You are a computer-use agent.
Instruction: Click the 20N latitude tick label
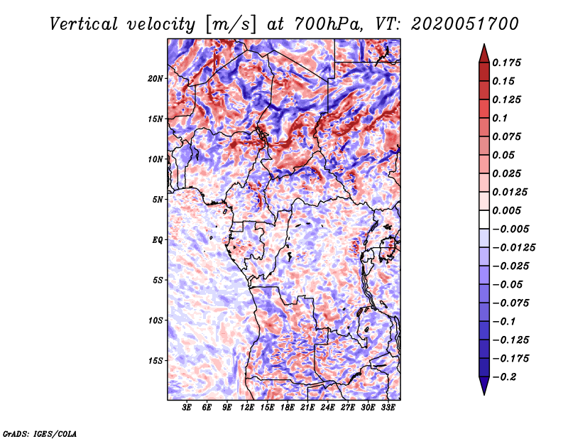[155, 79]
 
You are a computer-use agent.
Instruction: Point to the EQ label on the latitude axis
[157, 240]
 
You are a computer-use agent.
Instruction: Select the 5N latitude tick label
[158, 200]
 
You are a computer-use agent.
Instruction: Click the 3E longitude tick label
[187, 408]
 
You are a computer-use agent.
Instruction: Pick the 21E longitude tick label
[307, 408]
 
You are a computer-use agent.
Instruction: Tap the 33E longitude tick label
[388, 408]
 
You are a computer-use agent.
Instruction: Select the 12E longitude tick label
[246, 408]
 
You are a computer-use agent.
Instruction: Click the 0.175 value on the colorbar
[506, 63]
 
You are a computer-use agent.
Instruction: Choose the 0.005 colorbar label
[506, 210]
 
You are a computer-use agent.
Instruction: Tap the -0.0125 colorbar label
[513, 248]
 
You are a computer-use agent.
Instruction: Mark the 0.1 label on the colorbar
[500, 118]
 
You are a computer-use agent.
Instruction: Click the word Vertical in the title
[84, 24]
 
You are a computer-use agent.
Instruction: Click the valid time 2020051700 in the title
[465, 24]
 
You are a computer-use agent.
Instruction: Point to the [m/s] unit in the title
[231, 24]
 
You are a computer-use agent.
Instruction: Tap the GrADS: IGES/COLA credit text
[40, 433]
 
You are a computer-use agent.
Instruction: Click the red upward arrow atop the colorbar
[484, 53]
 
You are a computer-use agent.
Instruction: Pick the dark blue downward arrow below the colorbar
[484, 386]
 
